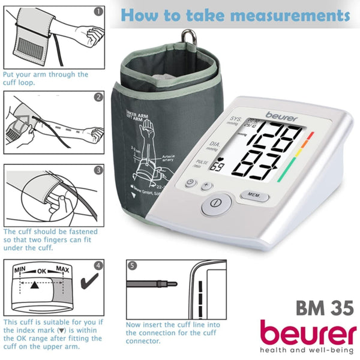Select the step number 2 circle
pos(98,96)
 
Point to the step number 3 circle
pos(98,170)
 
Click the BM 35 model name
pos(323,307)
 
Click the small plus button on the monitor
pos(206,185)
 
